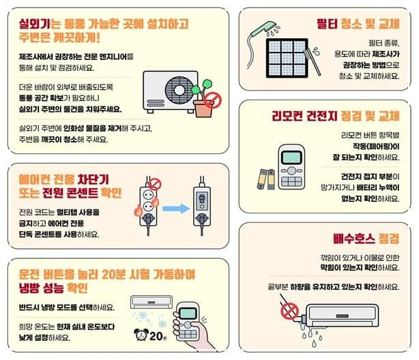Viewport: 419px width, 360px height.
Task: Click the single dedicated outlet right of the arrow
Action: pyautogui.click(x=204, y=202)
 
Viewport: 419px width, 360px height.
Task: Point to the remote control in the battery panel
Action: pyautogui.click(x=295, y=167)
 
